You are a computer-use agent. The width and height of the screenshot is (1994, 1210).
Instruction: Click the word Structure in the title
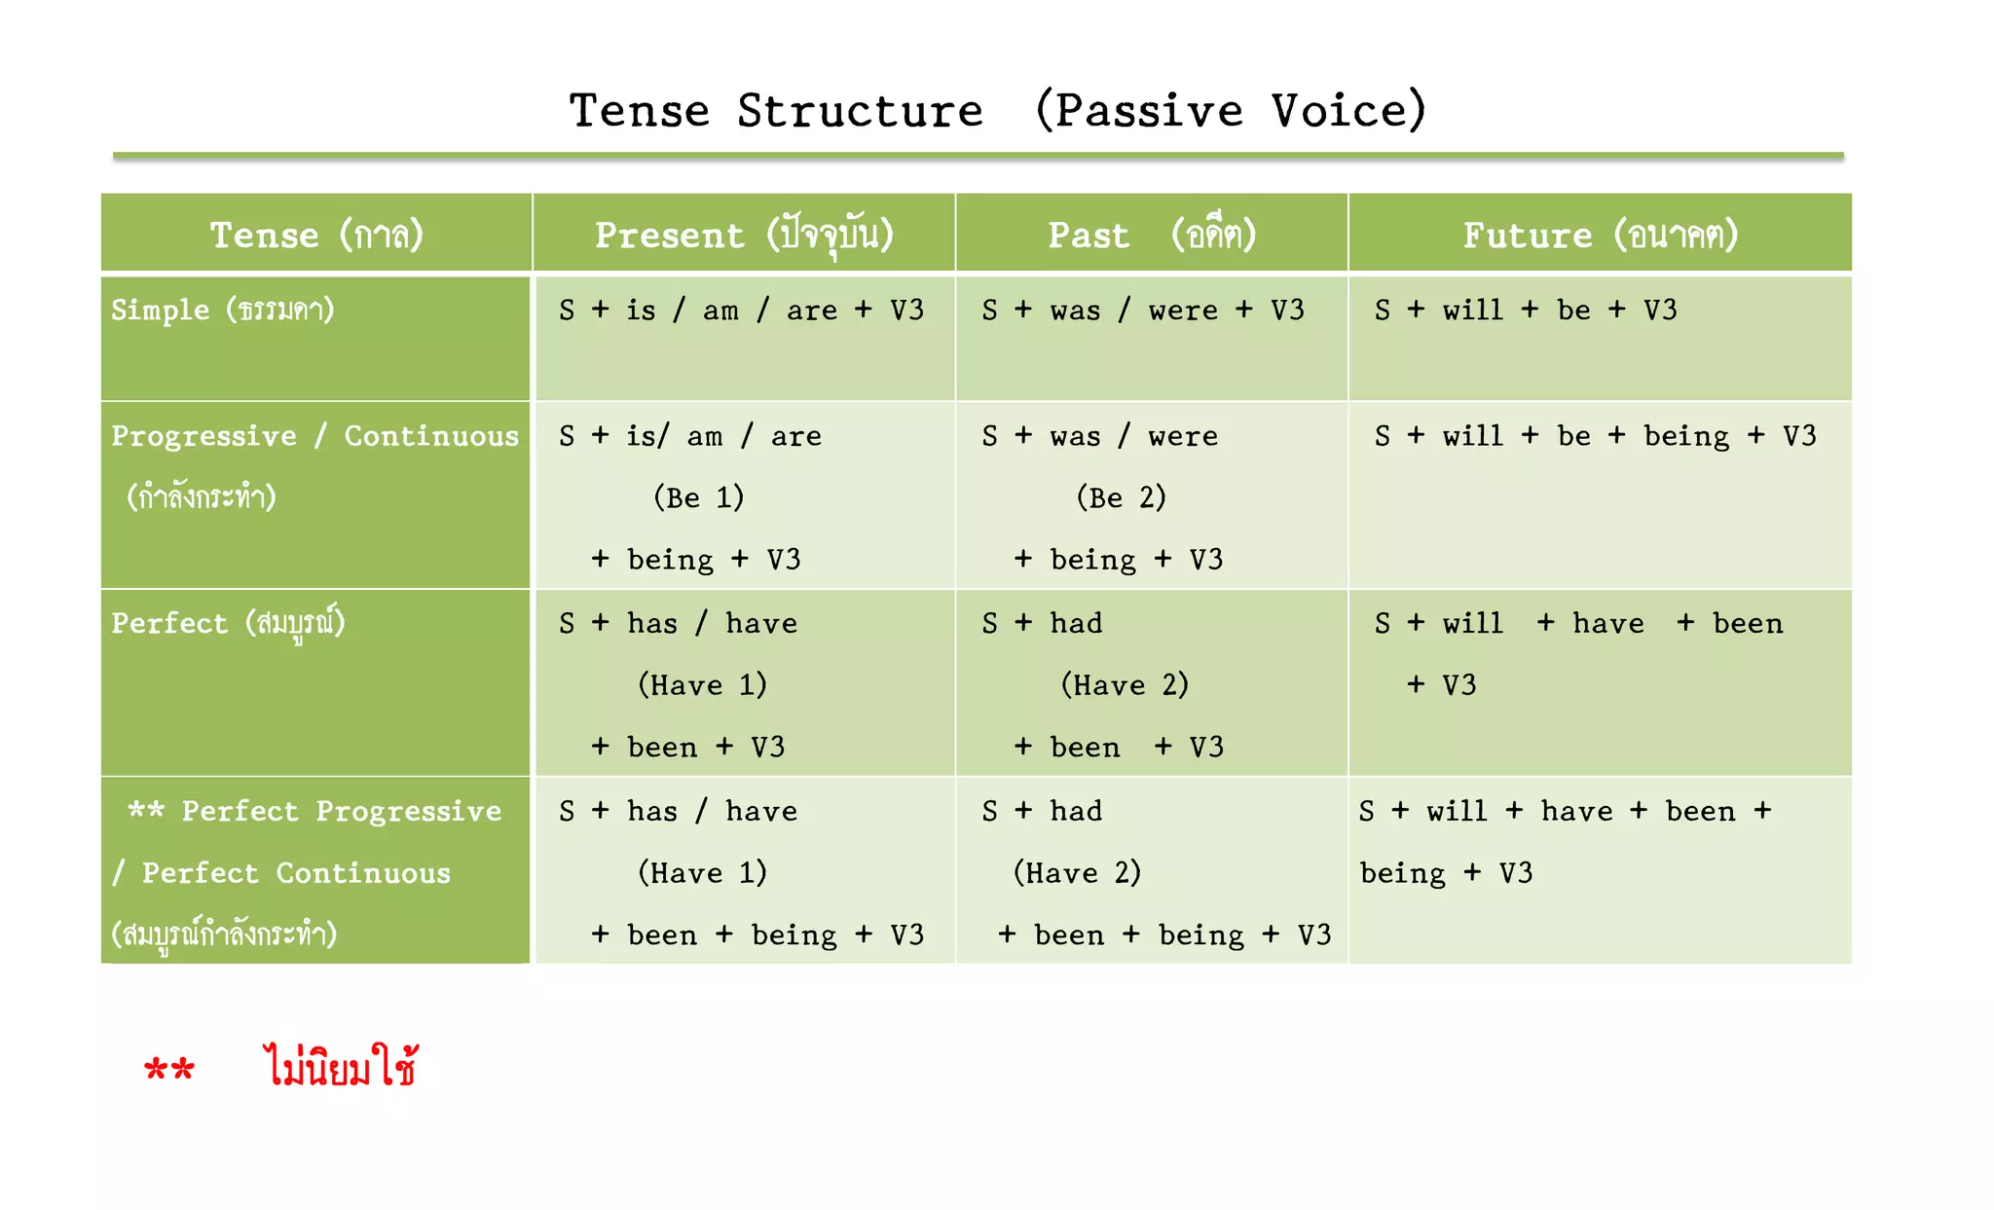click(860, 111)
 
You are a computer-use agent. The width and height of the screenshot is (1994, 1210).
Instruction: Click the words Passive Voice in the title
click(1231, 111)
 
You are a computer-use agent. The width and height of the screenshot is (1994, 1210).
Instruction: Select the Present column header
click(744, 235)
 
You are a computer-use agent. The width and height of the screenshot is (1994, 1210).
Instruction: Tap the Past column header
click(1152, 235)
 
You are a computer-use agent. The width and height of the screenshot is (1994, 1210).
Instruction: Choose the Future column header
click(1600, 235)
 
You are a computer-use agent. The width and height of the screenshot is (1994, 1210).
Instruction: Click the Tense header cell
click(316, 235)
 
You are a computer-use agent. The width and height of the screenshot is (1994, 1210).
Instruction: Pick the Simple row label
click(223, 311)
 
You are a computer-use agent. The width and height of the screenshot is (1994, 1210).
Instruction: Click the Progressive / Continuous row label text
click(314, 436)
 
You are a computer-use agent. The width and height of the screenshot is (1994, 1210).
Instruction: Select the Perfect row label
click(228, 623)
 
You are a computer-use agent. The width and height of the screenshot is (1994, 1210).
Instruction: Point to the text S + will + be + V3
click(1526, 311)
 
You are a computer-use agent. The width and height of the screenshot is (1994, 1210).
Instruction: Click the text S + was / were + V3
click(1143, 311)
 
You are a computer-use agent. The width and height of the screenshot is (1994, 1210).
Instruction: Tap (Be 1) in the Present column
click(698, 497)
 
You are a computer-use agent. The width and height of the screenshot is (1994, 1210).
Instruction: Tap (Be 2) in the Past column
click(1121, 497)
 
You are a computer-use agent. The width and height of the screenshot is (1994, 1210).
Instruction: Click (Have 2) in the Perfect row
click(1125, 685)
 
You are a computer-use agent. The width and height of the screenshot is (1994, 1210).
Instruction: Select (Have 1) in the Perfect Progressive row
click(702, 873)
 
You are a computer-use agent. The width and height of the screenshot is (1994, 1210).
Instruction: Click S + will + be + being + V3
click(1595, 436)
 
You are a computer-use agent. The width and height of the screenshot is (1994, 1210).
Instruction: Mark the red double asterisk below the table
click(169, 1070)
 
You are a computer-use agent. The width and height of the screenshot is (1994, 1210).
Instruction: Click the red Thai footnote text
click(341, 1067)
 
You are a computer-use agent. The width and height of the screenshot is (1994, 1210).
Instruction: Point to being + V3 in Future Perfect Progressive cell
click(1446, 873)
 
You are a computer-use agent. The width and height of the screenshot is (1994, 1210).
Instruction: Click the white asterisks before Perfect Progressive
click(146, 810)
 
